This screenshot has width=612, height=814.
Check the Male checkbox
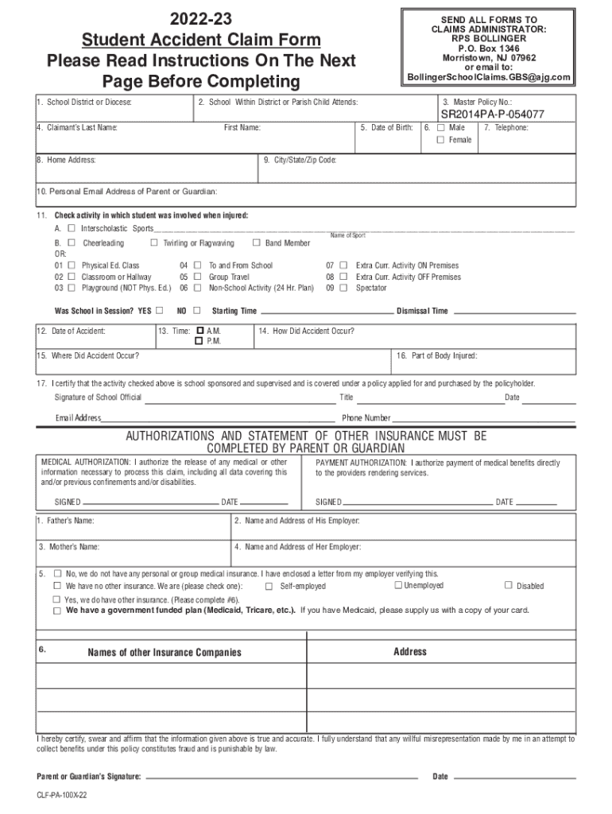click(440, 127)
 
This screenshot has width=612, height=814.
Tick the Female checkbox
click(440, 140)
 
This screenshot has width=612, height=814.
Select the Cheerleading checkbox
click(72, 243)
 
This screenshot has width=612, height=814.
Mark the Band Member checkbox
click(257, 243)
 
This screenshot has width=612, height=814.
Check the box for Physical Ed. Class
click(72, 266)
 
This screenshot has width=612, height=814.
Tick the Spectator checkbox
click(344, 288)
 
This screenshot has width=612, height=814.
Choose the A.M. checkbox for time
click(199, 330)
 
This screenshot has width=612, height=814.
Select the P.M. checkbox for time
click(199, 341)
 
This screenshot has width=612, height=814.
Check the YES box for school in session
click(160, 311)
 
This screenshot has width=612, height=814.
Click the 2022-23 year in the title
click(202, 20)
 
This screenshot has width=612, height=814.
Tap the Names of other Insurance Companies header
click(164, 653)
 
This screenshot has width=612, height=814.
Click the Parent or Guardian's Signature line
click(282, 776)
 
